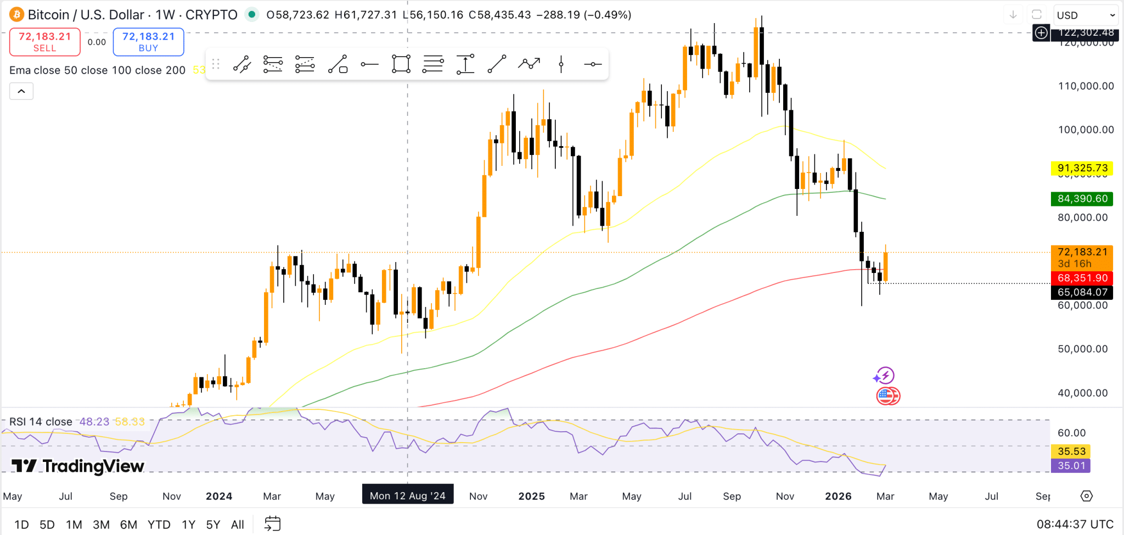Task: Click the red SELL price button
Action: pos(44,42)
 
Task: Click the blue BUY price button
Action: pos(148,42)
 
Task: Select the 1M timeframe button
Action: pos(74,525)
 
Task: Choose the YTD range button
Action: pos(159,525)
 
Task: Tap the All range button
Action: pos(237,525)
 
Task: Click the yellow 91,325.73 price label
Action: pos(1082,168)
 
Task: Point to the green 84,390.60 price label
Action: pos(1082,198)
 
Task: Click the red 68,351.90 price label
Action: pos(1082,278)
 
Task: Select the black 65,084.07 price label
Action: pos(1082,292)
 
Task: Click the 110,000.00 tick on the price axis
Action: pos(1086,86)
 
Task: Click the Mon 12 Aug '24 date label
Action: pos(407,495)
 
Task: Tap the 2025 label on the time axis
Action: pos(531,496)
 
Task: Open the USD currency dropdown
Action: pos(1086,15)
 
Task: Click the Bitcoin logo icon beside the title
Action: pos(16,14)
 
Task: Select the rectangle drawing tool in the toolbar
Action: pos(401,64)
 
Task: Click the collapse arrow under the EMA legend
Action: pos(21,91)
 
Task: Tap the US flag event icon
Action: pos(887,395)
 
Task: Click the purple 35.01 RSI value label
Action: pos(1071,466)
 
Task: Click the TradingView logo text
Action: pos(78,466)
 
